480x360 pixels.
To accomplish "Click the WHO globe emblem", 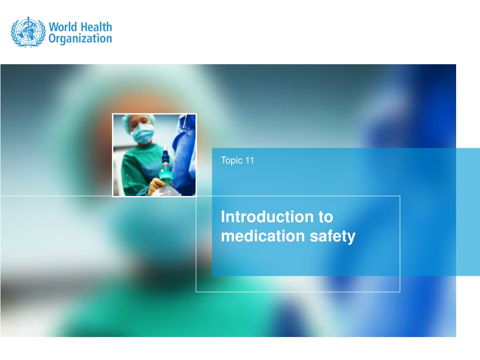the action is coord(28,32).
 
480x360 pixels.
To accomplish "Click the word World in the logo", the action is coord(62,27).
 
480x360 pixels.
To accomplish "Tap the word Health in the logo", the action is coord(96,27).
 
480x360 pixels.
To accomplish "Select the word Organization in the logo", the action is coord(80,39).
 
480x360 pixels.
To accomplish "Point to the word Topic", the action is coord(232,161).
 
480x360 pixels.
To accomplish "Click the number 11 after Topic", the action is coord(250,160).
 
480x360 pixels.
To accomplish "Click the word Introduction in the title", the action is coord(267,217).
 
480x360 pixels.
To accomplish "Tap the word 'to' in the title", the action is coord(326,217).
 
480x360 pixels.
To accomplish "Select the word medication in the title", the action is coord(263,236).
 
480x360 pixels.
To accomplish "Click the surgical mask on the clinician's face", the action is coord(142,134).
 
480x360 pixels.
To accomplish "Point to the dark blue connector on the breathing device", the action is coord(165,157).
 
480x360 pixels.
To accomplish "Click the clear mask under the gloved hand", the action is coord(167,191).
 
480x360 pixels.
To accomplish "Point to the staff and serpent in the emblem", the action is coord(29,30).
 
